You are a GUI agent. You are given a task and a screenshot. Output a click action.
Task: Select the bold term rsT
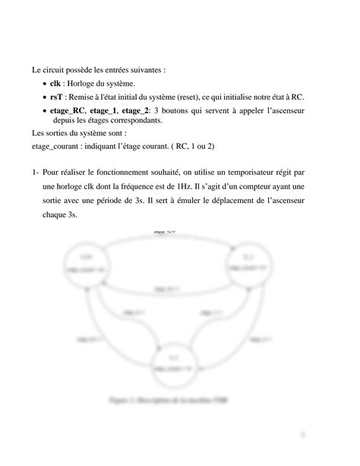click(x=56, y=97)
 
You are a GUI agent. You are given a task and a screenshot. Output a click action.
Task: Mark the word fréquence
click(x=156, y=187)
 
